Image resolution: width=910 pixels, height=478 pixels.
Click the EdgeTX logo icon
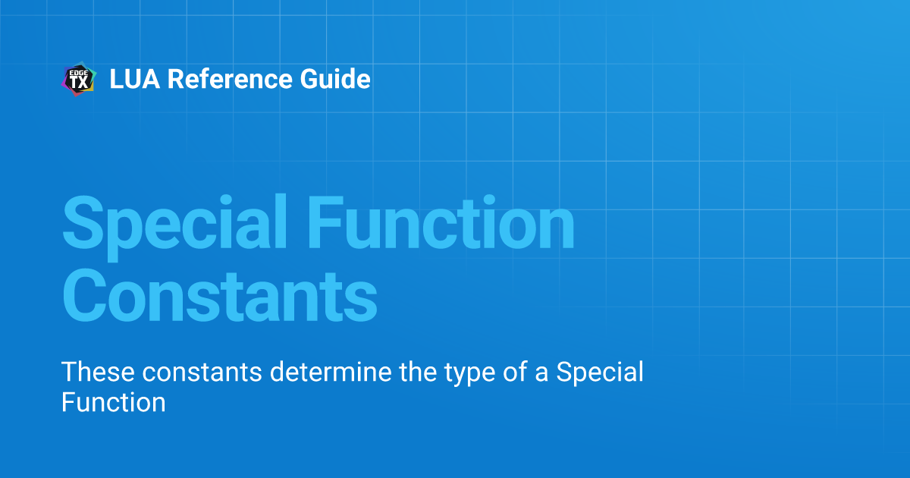click(78, 79)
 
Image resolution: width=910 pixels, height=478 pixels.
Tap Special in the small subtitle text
click(600, 373)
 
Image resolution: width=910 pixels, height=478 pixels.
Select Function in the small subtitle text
click(113, 401)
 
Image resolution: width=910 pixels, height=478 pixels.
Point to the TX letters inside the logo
click(79, 83)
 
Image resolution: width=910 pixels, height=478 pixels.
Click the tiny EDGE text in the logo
click(79, 72)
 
